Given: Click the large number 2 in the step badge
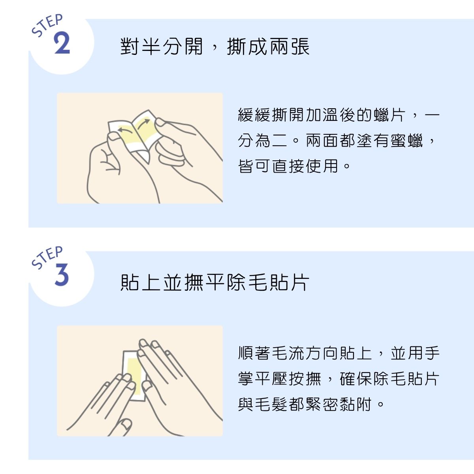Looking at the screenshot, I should click(62, 43).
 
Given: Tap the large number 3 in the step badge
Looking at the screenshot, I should click(62, 275).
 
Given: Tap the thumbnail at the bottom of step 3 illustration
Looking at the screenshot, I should click(126, 425).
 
